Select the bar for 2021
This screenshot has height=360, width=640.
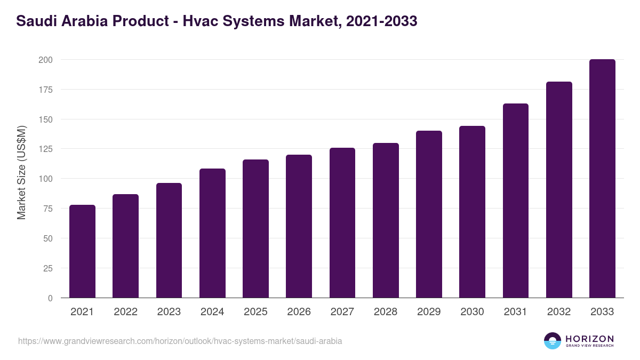point(82,251)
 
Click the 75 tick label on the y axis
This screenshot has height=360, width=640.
point(47,209)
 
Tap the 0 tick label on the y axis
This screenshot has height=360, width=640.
point(50,298)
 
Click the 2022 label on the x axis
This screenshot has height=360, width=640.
point(125,312)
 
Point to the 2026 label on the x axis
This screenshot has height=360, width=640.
point(299,312)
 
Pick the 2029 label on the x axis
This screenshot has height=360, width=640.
point(429,312)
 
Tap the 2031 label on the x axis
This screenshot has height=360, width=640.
point(516,312)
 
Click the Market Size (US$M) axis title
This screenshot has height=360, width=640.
point(22,172)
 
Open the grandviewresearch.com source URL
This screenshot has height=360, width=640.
point(180,341)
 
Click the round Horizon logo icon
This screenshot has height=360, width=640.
point(553,341)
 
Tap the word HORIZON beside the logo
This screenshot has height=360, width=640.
point(589,339)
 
